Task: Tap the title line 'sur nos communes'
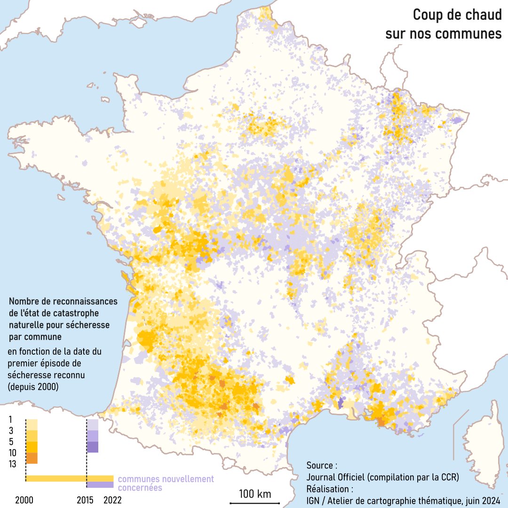[443, 34]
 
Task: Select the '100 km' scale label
[255, 494]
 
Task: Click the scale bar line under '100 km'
[255, 503]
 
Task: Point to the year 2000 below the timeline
[24, 500]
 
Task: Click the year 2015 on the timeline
[86, 500]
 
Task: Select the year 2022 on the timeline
[111, 500]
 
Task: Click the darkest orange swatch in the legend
[32, 458]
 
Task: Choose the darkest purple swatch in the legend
[93, 447]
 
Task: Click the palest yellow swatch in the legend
[32, 424]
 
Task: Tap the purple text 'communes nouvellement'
[166, 479]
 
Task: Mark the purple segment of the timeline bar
[100, 484]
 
